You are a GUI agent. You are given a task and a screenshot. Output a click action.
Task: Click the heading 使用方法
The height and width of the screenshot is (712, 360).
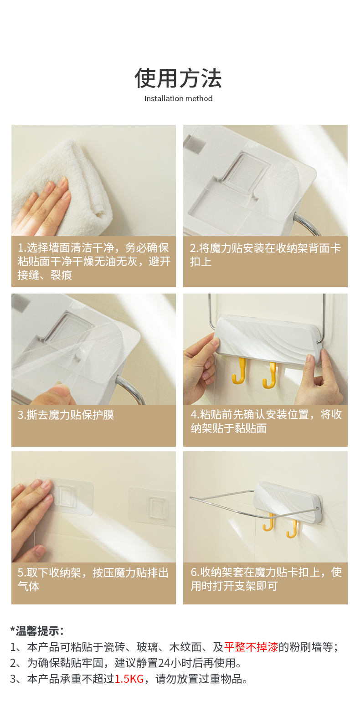[178, 78]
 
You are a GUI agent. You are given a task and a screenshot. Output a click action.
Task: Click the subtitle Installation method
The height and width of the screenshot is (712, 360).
[178, 98]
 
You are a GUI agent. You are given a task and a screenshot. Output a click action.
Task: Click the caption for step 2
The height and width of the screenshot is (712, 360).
[265, 255]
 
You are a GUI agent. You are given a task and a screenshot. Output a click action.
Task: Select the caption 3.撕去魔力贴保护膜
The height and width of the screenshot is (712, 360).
[66, 415]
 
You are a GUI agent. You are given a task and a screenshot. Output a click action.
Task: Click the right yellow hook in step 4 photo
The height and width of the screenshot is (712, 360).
[270, 375]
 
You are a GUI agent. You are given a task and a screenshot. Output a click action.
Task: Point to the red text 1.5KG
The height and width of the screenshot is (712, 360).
[129, 679]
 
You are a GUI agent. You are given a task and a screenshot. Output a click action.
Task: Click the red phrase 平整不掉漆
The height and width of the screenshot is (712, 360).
[251, 647]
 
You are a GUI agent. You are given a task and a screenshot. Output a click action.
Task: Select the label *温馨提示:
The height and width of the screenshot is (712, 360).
[37, 630]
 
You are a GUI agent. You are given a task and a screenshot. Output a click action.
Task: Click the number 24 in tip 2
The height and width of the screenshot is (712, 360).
[164, 663]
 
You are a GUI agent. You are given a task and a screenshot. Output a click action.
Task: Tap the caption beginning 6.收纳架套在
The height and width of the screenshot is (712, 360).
[266, 579]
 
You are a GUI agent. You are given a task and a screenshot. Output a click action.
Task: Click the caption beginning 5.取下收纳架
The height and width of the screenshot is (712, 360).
[93, 579]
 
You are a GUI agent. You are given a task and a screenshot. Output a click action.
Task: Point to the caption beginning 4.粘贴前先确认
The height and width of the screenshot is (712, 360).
[266, 421]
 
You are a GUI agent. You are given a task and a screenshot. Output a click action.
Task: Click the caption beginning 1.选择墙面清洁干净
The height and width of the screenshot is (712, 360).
[94, 261]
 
